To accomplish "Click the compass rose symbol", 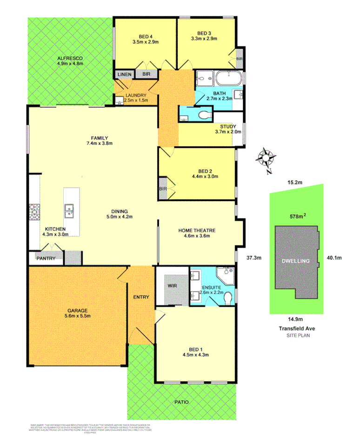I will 266,158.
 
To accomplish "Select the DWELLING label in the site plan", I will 295,261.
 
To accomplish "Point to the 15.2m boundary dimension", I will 295,183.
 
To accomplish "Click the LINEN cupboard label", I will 124,74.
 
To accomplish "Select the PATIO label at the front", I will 181,402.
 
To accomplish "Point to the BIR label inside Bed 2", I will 163,189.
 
